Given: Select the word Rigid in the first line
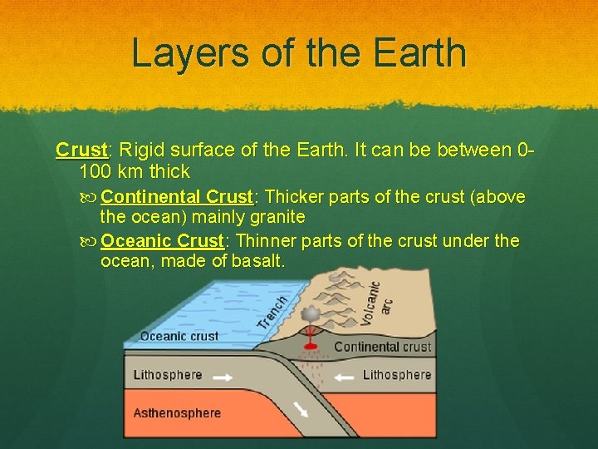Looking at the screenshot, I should [x=143, y=150].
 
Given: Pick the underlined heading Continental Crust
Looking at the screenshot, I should [x=176, y=197].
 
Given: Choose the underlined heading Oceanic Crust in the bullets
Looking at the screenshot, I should [x=163, y=241].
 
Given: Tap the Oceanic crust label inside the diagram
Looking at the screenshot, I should [x=179, y=336].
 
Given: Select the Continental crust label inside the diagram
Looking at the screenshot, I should [x=382, y=347].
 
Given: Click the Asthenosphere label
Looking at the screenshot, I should [x=177, y=413].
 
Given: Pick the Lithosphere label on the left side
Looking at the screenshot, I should [x=168, y=375].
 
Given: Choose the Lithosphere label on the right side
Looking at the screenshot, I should [x=396, y=375].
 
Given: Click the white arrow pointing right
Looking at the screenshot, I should [x=223, y=376].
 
